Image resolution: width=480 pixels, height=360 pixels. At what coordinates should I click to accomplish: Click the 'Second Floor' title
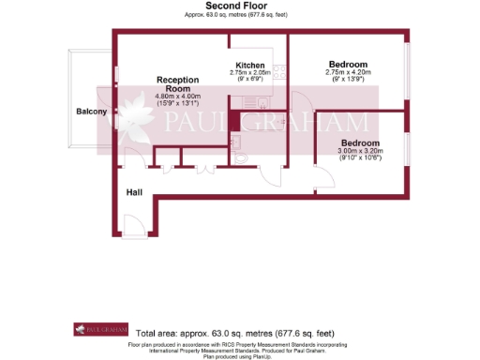(x=239, y=6)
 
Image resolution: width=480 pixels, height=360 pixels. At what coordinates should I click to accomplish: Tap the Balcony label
(x=92, y=112)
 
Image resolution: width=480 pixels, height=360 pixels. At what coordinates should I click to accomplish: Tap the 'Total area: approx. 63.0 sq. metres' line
(x=233, y=333)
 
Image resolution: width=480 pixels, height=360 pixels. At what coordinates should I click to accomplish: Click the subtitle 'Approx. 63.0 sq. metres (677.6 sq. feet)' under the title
(x=239, y=16)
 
